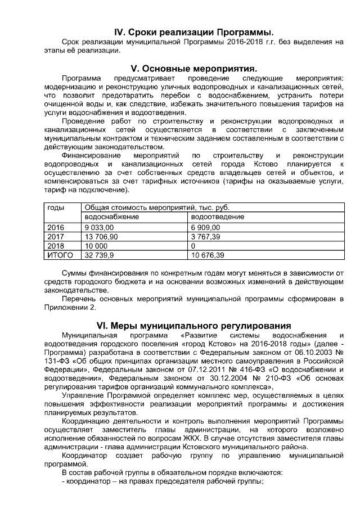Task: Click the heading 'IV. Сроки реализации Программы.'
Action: pyautogui.click(x=193, y=30)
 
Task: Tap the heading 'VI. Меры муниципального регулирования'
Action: pyautogui.click(x=193, y=325)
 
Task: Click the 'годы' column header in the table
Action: pyautogui.click(x=56, y=208)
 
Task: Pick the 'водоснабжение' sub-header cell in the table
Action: pyautogui.click(x=111, y=217)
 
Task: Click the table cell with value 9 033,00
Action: pyautogui.click(x=99, y=227)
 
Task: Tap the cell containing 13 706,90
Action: pyautogui.click(x=101, y=237)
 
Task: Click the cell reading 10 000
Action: pyautogui.click(x=96, y=246)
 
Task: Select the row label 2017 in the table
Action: pyautogui.click(x=56, y=237)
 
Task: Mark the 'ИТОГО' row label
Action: pyautogui.click(x=59, y=255)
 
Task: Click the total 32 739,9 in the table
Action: pyautogui.click(x=99, y=255)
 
